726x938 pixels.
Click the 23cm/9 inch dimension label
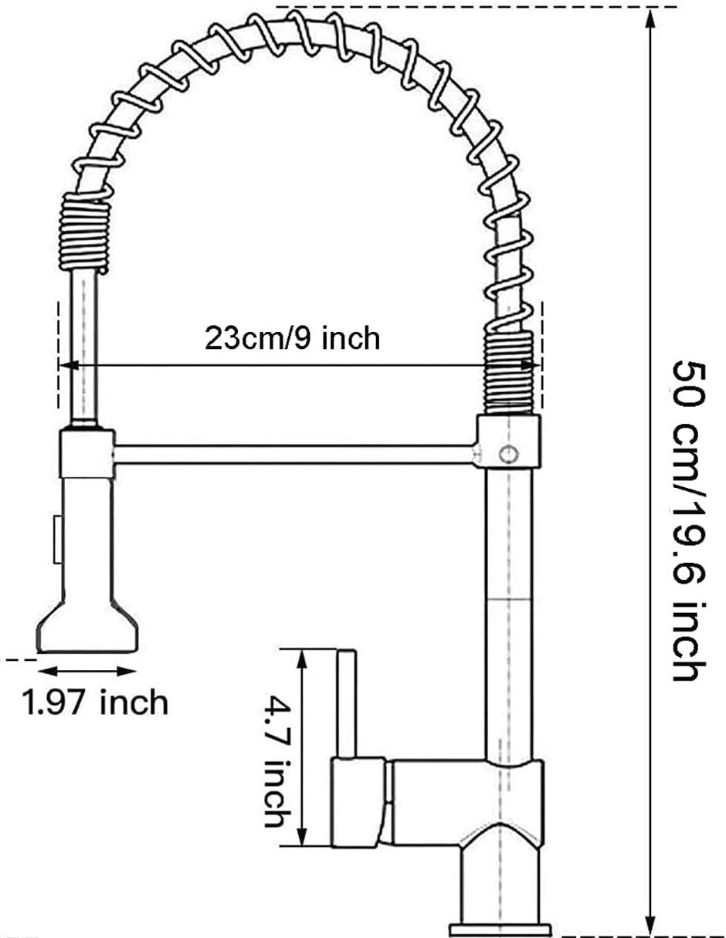click(292, 338)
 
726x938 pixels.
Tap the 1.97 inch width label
click(95, 702)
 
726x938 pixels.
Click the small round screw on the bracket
click(507, 455)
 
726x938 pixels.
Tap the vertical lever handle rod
click(345, 703)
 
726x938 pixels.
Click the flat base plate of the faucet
click(500, 929)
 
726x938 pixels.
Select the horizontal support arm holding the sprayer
click(293, 454)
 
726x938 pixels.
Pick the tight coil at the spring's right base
click(508, 368)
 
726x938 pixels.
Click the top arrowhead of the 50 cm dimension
click(651, 17)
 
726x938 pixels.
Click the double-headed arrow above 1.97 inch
click(87, 671)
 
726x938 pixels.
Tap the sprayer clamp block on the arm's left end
click(87, 453)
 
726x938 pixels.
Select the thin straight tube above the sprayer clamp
click(84, 347)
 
